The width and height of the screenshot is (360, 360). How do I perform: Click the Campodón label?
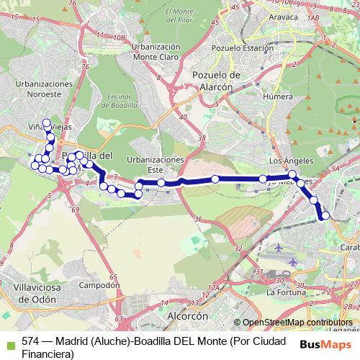coord(99,285)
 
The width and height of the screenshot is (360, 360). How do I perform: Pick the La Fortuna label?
coord(282,293)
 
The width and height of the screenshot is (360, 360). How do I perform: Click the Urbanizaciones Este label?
coord(155,164)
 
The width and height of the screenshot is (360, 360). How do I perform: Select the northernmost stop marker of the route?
coord(47,122)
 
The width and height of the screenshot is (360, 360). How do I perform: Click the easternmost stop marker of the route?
coord(325,215)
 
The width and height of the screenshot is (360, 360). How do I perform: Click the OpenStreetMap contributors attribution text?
coord(298,323)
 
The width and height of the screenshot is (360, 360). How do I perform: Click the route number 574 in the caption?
coord(30,341)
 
